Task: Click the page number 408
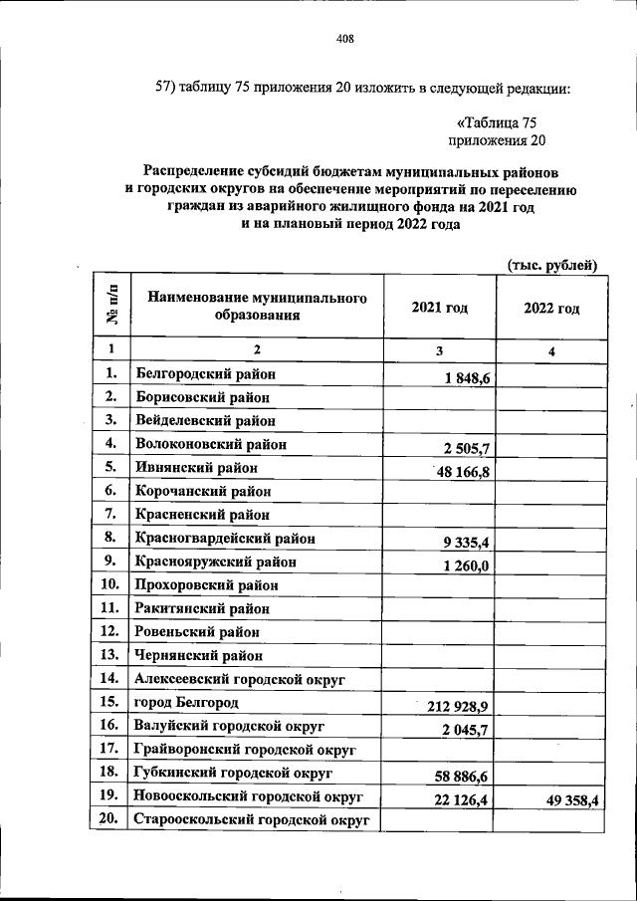345,39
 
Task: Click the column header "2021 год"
439,309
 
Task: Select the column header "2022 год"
551,309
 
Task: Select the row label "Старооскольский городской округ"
252,820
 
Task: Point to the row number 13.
110,655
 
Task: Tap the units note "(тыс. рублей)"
552,264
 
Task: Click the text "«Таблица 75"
497,122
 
